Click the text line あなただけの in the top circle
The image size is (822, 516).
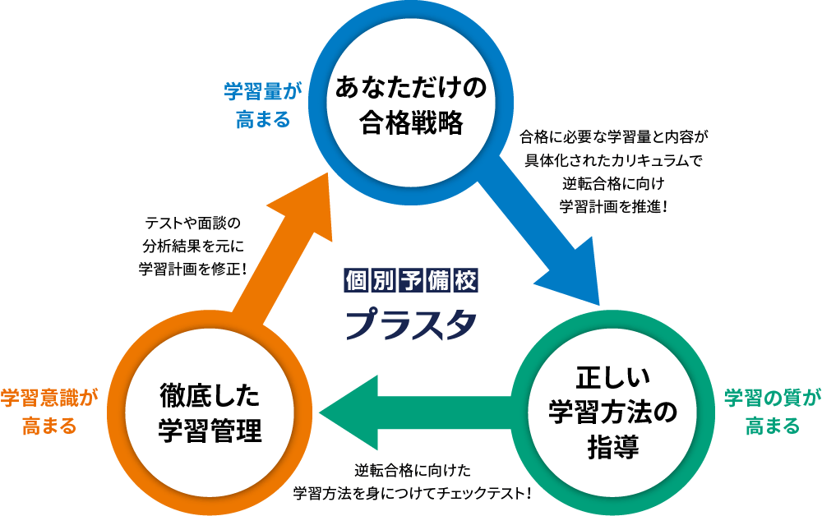(x=407, y=89)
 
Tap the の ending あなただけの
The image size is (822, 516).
(x=474, y=89)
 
